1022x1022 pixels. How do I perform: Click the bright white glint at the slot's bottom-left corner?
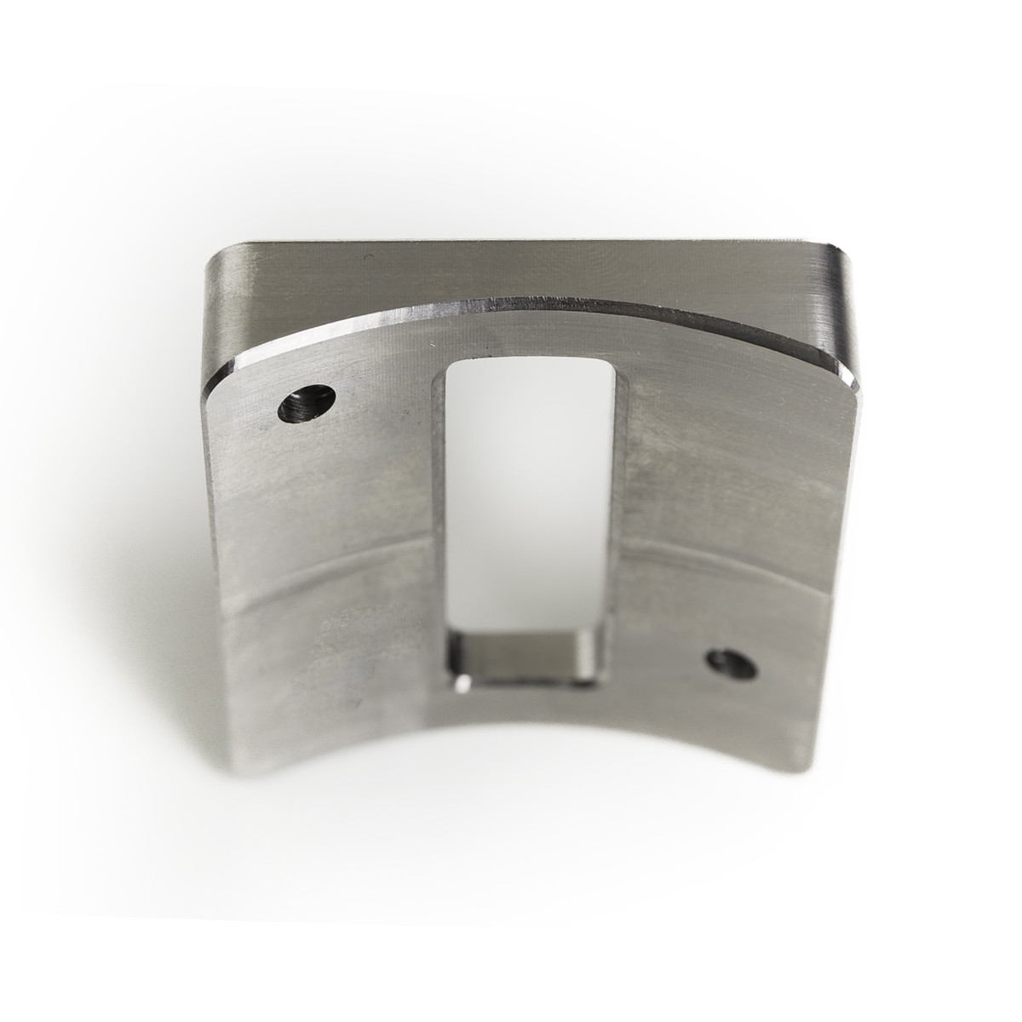click(461, 683)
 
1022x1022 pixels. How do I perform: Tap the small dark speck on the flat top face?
click(366, 257)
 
